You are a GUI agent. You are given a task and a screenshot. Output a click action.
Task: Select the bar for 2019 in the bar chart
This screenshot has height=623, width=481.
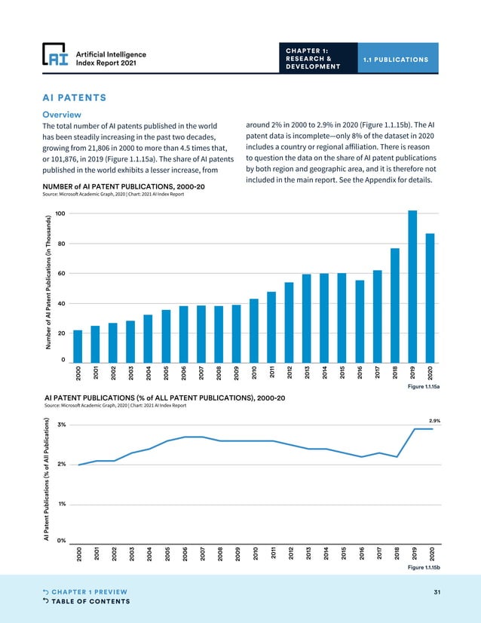(412, 287)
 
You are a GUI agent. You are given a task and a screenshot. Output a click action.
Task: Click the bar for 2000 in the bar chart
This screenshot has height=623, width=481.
(78, 346)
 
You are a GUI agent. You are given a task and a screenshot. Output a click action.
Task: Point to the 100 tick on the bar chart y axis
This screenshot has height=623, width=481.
(60, 214)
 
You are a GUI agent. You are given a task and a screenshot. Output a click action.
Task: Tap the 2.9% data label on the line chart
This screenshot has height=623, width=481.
(434, 420)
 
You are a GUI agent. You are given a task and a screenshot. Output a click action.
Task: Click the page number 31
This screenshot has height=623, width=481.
(437, 591)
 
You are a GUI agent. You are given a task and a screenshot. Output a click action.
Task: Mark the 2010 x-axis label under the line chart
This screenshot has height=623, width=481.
(255, 554)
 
